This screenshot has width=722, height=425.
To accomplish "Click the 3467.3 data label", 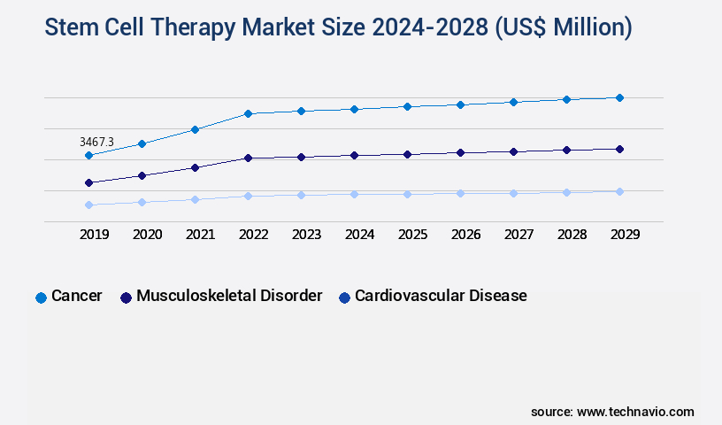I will tap(96, 142).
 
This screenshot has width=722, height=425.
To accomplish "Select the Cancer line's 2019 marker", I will tap(88, 155).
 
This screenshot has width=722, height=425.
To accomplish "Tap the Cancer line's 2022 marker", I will tap(248, 113).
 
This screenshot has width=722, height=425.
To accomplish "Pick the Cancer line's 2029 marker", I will tap(619, 97).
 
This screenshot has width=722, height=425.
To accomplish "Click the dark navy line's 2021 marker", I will tap(195, 167).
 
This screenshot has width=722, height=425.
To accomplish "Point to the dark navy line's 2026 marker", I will tap(460, 152).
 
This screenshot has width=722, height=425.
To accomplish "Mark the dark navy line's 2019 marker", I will tap(88, 182).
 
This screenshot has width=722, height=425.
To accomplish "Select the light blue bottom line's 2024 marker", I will tap(354, 194).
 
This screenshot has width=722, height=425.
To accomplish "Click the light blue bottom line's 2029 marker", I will tap(619, 191).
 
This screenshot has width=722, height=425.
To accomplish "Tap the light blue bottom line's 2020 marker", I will tap(142, 202).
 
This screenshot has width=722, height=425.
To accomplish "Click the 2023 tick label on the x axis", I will tap(306, 235).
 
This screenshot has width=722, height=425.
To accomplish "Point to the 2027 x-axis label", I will tap(518, 235).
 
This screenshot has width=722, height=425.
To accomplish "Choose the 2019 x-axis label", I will tap(94, 235).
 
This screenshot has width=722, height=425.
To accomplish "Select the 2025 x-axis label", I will tap(412, 235).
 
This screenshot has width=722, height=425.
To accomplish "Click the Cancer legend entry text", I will tap(76, 296).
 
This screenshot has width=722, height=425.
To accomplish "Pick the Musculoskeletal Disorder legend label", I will tap(229, 296).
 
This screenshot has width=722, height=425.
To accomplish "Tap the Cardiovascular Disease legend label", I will tap(441, 296).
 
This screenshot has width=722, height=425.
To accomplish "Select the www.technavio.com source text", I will tap(635, 412).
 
